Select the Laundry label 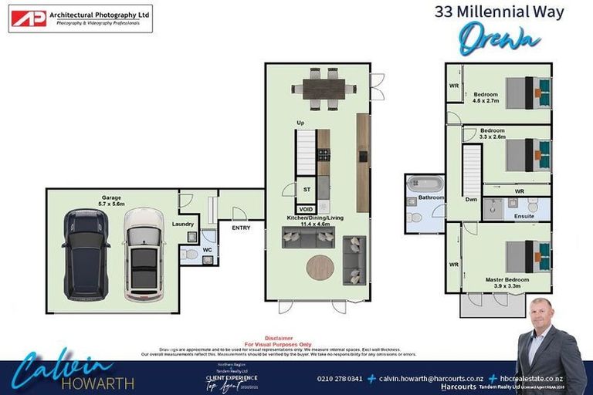[182, 225]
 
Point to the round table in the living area [320, 268]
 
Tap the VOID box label [307, 208]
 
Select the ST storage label [307, 188]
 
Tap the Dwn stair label [470, 199]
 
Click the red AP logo [29, 19]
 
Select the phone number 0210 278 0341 [340, 379]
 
